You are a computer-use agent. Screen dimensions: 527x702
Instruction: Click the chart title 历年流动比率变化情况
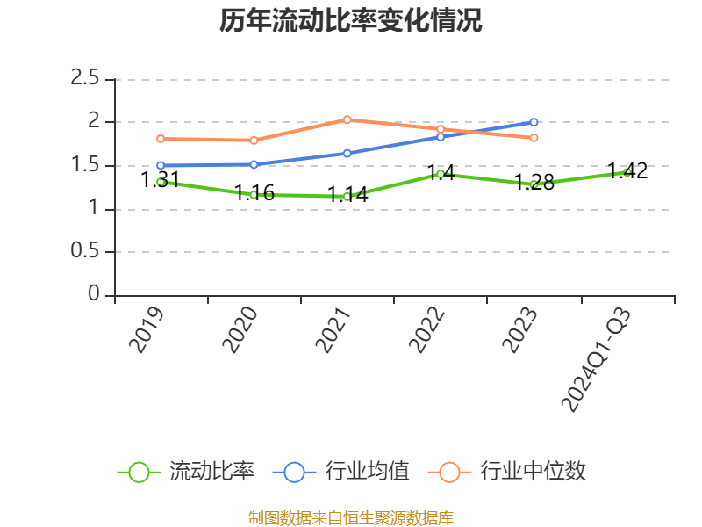click(x=351, y=21)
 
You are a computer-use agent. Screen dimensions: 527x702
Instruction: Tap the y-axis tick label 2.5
click(x=85, y=79)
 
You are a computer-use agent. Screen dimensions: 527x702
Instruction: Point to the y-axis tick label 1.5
click(x=85, y=165)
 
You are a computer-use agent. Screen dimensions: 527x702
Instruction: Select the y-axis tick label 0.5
click(x=85, y=252)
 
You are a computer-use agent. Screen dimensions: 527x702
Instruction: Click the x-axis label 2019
click(x=147, y=329)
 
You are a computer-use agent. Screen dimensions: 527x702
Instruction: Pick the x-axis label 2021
click(x=333, y=329)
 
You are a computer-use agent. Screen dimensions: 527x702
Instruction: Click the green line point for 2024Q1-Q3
click(x=627, y=172)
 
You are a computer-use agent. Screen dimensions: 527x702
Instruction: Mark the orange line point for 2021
click(x=347, y=119)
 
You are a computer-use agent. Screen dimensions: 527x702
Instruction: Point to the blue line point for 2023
click(x=534, y=122)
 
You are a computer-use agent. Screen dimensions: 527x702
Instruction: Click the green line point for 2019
click(x=161, y=182)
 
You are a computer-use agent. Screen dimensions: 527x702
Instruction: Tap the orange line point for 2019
click(x=161, y=139)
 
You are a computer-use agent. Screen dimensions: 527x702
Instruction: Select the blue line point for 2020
click(x=254, y=164)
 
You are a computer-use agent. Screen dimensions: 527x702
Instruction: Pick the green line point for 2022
click(x=441, y=174)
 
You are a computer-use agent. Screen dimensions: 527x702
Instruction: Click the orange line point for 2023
click(x=534, y=138)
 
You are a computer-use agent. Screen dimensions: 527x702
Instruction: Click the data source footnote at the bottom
click(x=351, y=517)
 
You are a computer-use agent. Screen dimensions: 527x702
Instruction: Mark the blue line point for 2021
click(x=347, y=153)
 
